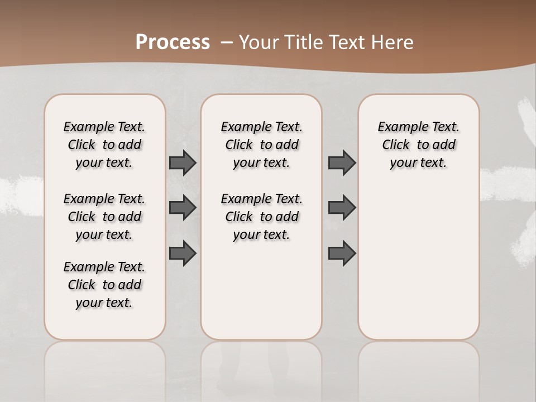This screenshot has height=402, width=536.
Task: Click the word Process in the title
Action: tap(173, 42)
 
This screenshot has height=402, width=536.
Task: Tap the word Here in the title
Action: tap(393, 42)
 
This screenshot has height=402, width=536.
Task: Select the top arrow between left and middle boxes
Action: tap(183, 162)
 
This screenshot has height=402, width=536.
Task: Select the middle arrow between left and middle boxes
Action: tap(183, 208)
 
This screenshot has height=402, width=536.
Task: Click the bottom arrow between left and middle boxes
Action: tap(183, 253)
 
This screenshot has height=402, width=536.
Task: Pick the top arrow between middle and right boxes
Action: tap(342, 162)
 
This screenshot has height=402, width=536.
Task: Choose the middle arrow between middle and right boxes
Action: tap(342, 208)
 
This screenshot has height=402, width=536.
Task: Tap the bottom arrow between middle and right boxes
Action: tap(342, 253)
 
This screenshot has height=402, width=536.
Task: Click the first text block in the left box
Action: tap(104, 145)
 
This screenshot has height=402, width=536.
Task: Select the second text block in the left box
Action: tap(104, 217)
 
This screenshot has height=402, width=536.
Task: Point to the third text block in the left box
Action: tap(104, 285)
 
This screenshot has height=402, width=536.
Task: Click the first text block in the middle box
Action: tap(261, 145)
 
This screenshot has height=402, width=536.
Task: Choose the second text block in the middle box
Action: tap(261, 217)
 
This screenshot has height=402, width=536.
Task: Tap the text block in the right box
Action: tap(418, 145)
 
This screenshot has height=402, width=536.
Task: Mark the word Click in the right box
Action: tap(396, 145)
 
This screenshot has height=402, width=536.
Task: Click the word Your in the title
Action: tap(259, 42)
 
